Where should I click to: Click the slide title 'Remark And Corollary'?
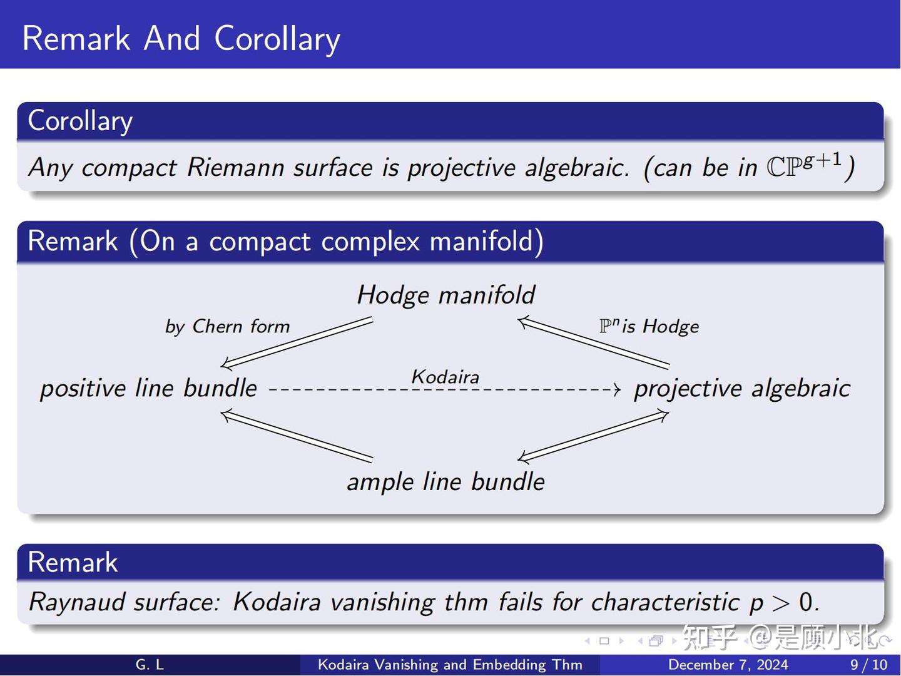click(181, 39)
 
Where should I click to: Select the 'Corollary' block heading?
click(80, 121)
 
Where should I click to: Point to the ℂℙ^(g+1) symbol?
click(805, 165)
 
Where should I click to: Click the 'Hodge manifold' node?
click(446, 295)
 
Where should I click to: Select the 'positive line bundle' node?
click(148, 388)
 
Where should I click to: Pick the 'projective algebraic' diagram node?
click(742, 388)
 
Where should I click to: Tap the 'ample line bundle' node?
click(445, 481)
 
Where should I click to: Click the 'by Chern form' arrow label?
click(227, 326)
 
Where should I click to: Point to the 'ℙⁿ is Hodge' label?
click(649, 326)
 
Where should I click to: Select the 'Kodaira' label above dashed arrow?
click(445, 377)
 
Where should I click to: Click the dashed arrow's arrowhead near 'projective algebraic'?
click(617, 390)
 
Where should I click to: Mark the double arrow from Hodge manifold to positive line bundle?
click(297, 342)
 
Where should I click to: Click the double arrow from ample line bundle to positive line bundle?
click(297, 436)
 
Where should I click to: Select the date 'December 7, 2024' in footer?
click(728, 665)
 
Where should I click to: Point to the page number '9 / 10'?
click(868, 665)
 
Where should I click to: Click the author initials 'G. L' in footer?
click(150, 665)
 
